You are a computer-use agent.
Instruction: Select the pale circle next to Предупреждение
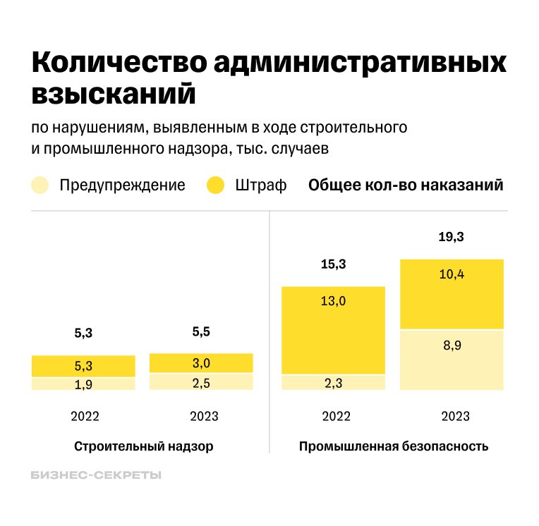[41, 185]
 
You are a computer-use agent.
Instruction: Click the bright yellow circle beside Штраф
[215, 185]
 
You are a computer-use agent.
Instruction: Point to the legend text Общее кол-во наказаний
[406, 185]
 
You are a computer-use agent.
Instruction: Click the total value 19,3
[451, 237]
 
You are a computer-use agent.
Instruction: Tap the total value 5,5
[201, 331]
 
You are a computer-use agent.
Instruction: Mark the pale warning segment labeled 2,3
[333, 382]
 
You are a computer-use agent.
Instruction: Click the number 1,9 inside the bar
[83, 384]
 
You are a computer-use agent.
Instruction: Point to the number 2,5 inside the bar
[201, 382]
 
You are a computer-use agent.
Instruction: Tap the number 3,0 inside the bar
[201, 363]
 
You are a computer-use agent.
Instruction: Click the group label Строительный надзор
[143, 447]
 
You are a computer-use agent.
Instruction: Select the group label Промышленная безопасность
[393, 447]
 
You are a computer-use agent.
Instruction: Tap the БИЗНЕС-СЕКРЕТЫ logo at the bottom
[96, 476]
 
